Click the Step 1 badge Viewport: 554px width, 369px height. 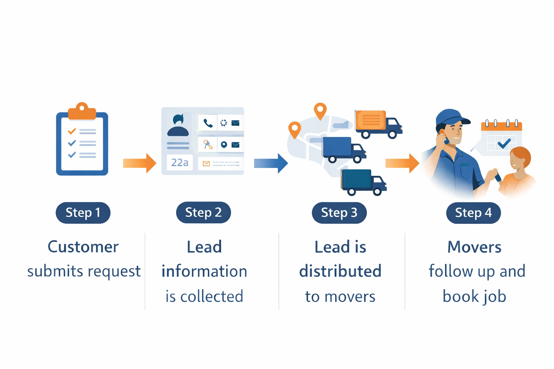pyautogui.click(x=83, y=213)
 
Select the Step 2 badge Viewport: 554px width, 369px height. pyautogui.click(x=203, y=212)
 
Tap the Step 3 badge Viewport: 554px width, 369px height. pyautogui.click(x=339, y=213)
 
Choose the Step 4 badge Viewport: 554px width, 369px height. pyautogui.click(x=473, y=213)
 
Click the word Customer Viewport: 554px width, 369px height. pyautogui.click(x=83, y=247)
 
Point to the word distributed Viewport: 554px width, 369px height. pyautogui.click(x=340, y=271)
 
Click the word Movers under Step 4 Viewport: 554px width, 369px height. pyautogui.click(x=474, y=247)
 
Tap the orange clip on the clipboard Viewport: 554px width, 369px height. pyautogui.click(x=82, y=111)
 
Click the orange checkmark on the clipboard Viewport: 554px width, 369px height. pyautogui.click(x=72, y=131)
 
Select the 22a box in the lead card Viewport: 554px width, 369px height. pyautogui.click(x=180, y=163)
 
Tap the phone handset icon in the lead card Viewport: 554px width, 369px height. pyautogui.click(x=208, y=123)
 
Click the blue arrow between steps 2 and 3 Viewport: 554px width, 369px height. pyautogui.click(x=271, y=163)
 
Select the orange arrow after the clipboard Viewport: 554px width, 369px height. pyautogui.click(x=139, y=163)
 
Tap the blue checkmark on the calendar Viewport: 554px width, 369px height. pyautogui.click(x=504, y=143)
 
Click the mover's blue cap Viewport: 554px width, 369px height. pyautogui.click(x=451, y=117)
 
